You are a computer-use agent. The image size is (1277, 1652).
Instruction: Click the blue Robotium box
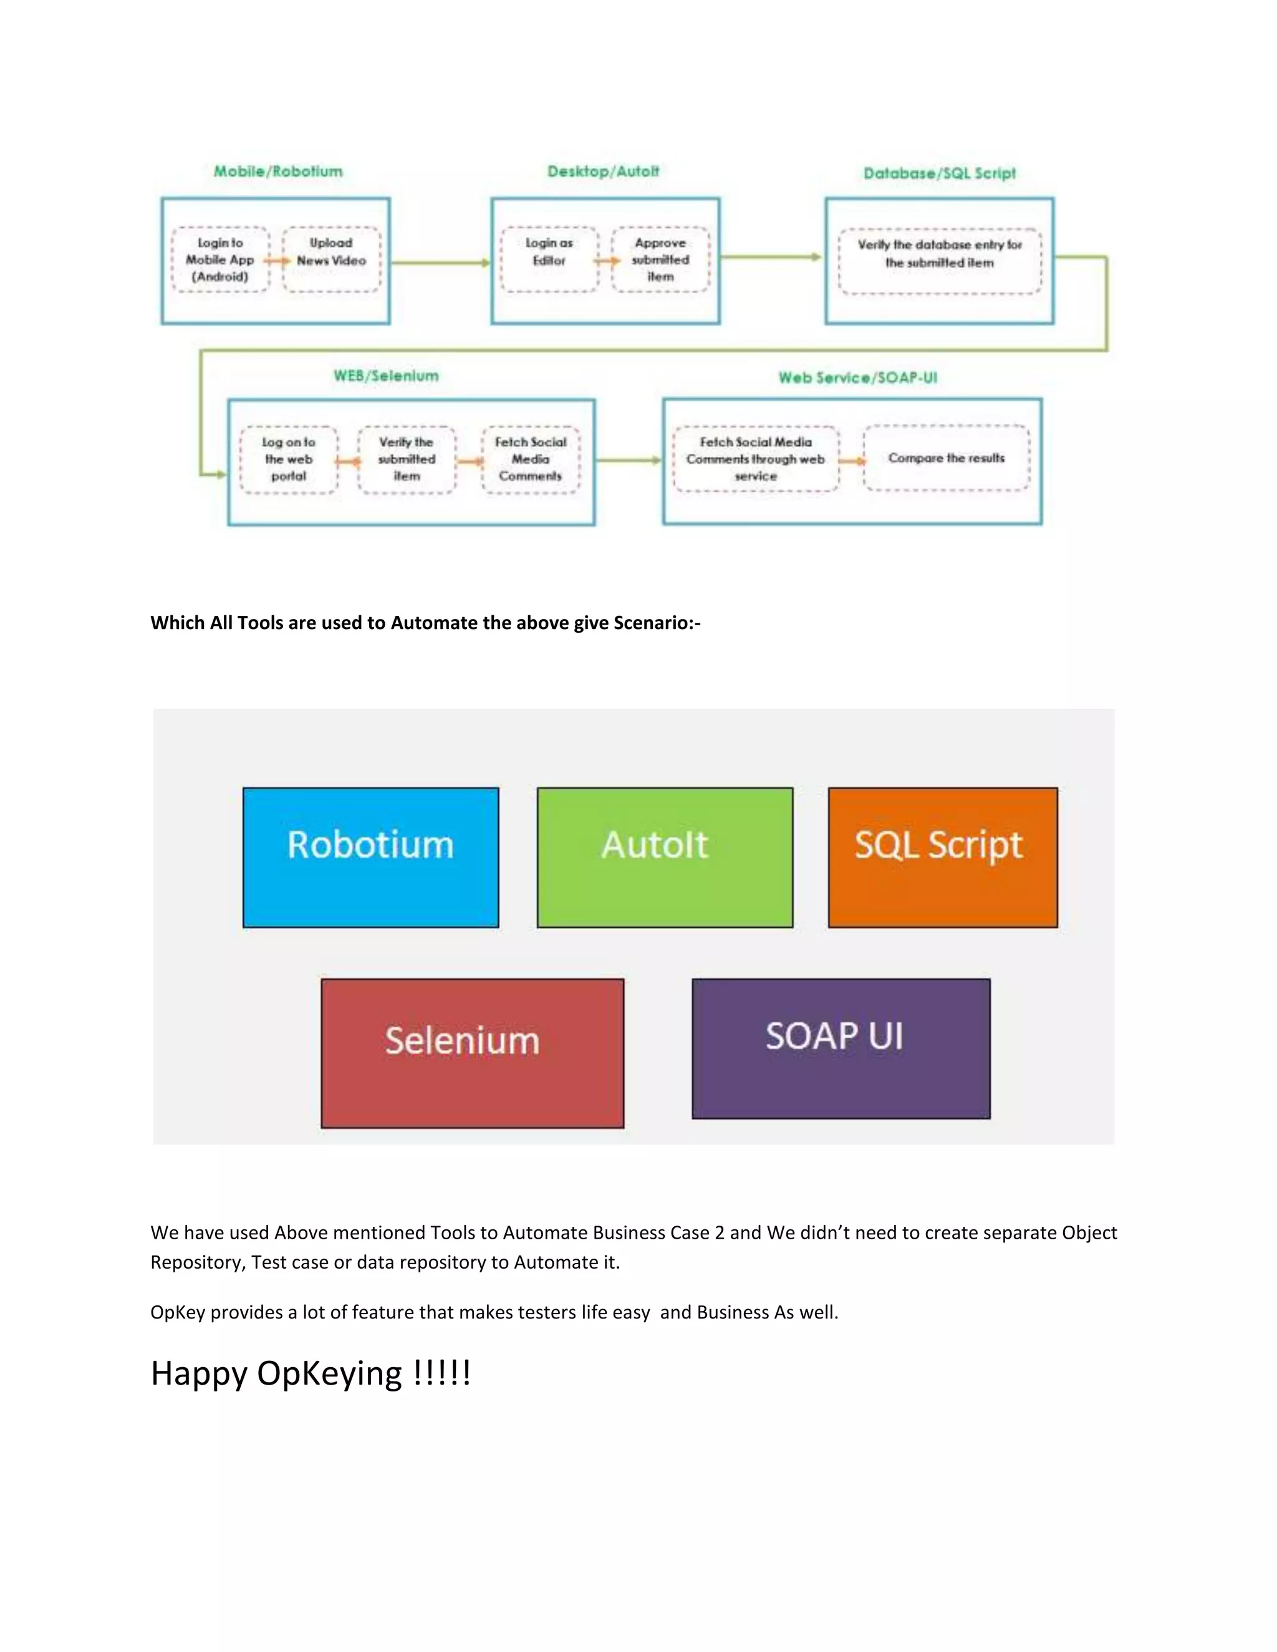click(371, 857)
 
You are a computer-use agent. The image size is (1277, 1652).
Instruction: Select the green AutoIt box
click(664, 857)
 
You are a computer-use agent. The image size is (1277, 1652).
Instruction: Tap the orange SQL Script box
click(942, 857)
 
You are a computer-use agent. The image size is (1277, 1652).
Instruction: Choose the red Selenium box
click(472, 1052)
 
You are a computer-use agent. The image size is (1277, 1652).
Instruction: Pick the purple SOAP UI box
click(841, 1048)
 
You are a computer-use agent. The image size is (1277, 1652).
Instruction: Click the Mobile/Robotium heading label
click(277, 171)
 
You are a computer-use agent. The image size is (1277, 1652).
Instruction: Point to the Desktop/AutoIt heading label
click(603, 171)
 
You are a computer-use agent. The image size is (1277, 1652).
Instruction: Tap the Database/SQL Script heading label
click(939, 173)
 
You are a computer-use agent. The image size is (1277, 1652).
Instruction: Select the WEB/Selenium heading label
click(386, 376)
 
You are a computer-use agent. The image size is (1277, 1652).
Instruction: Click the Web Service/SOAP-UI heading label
click(857, 377)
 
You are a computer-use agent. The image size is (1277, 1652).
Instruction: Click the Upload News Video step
click(331, 259)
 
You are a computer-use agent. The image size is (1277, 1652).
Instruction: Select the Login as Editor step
click(549, 259)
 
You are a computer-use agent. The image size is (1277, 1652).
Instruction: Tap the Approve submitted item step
click(660, 259)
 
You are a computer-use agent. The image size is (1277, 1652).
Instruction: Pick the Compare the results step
click(946, 458)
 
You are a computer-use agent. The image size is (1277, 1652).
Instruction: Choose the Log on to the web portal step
click(288, 459)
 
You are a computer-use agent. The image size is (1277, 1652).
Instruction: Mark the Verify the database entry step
click(939, 261)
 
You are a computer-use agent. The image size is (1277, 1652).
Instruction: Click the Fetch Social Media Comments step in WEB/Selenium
click(531, 459)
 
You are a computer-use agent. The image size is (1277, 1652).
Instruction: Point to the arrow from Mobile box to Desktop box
click(440, 262)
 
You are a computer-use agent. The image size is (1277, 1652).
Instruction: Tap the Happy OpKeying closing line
click(310, 1373)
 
